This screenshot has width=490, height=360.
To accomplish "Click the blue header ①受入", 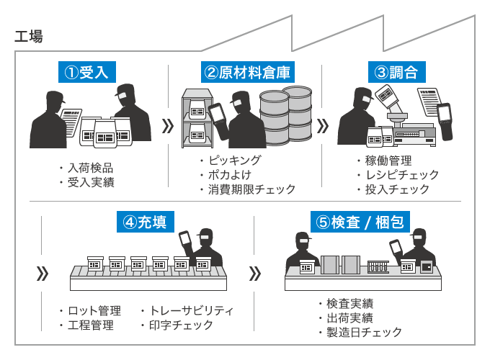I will pyautogui.click(x=86, y=73).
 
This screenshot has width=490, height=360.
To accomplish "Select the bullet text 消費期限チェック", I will pyautogui.click(x=251, y=189).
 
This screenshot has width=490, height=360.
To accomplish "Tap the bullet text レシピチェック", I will pyautogui.click(x=401, y=175).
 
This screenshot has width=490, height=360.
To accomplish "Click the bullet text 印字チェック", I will pyautogui.click(x=181, y=325).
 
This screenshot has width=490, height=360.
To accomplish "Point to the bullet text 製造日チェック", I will pyautogui.click(x=364, y=332).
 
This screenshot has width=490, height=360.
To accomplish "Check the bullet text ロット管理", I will pyautogui.click(x=94, y=310).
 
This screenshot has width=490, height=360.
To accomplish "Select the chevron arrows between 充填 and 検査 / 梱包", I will pyautogui.click(x=254, y=274).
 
